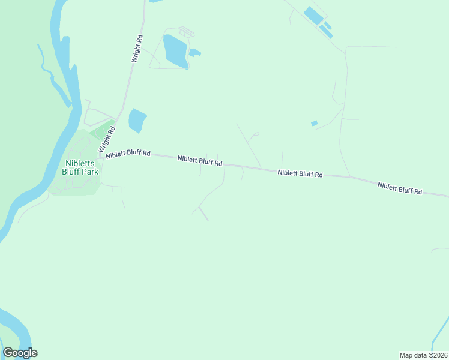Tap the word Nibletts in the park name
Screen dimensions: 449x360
coord(79,163)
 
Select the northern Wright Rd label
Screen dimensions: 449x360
coord(138,49)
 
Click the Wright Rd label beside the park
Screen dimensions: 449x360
coord(106,139)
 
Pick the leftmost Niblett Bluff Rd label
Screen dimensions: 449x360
coord(128,154)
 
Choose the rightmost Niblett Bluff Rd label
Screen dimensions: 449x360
coord(400,188)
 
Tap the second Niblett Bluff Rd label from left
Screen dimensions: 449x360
coord(200,161)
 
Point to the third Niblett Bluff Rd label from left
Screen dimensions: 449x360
coord(300,173)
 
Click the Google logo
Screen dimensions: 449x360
coord(20,353)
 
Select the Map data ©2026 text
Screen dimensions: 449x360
coord(423,355)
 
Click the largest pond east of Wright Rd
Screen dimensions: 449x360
coord(175,51)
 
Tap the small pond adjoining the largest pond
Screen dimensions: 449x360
coord(194,53)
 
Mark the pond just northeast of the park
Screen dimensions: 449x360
coord(137,120)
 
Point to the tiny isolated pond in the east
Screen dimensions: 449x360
coord(314,123)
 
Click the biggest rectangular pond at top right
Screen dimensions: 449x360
coord(313,16)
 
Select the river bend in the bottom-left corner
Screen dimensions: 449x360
coord(18,327)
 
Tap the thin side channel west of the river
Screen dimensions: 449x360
coord(57,84)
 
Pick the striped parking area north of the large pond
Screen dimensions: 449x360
coord(187,31)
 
